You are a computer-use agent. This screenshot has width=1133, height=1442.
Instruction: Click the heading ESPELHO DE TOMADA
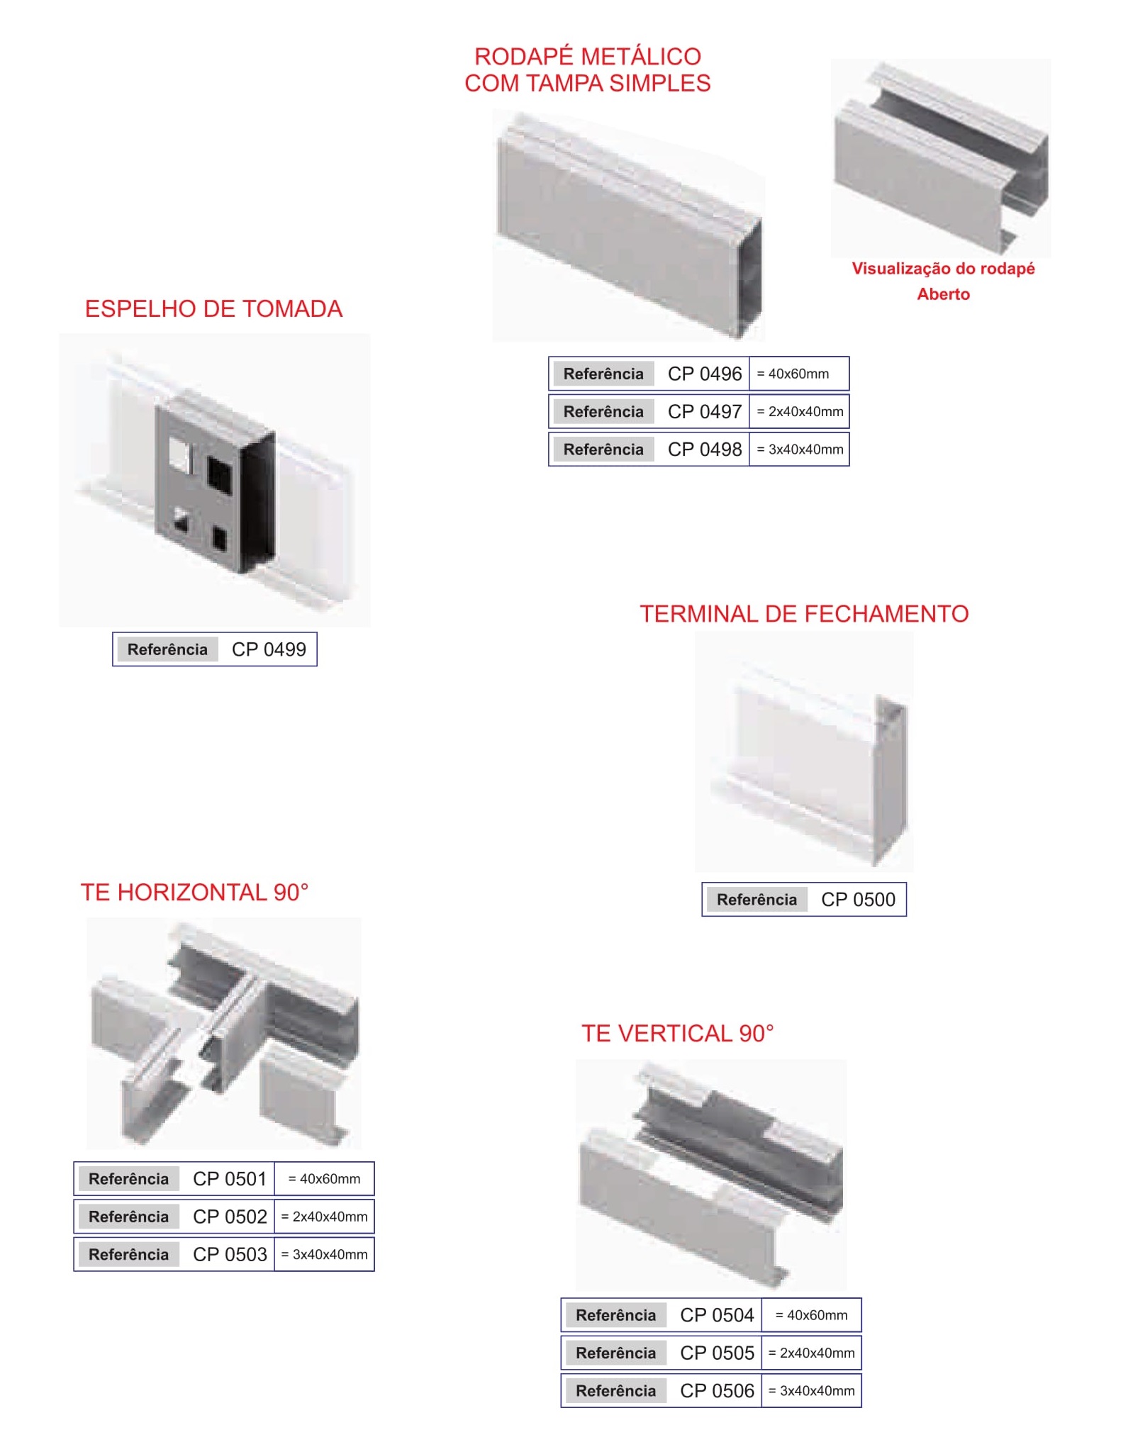[213, 309]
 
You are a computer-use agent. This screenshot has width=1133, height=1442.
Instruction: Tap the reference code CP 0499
[269, 649]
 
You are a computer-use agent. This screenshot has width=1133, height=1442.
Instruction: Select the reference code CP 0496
[705, 374]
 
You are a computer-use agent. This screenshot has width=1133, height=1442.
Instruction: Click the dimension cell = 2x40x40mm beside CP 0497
[800, 412]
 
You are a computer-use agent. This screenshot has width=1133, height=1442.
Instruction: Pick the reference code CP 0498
[705, 449]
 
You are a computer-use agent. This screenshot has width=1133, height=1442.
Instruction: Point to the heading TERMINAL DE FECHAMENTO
[804, 614]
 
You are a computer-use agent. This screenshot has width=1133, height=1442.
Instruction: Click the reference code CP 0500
[858, 900]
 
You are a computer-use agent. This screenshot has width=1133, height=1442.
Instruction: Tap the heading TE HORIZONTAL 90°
[194, 892]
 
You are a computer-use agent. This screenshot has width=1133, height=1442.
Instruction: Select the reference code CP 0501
[230, 1179]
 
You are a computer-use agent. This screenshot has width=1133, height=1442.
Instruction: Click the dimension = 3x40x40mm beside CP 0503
[324, 1255]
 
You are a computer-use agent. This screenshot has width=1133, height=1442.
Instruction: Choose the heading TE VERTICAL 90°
[677, 1034]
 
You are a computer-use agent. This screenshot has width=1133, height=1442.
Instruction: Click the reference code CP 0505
[717, 1353]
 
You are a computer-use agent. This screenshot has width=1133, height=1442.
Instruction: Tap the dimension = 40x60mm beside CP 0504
[811, 1316]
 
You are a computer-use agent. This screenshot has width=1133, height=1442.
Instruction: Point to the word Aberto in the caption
[943, 294]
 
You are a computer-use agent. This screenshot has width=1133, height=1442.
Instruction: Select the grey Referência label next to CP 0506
[615, 1391]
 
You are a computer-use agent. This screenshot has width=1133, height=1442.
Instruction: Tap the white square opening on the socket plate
[180, 454]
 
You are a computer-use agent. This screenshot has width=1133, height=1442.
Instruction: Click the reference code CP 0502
[230, 1217]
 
